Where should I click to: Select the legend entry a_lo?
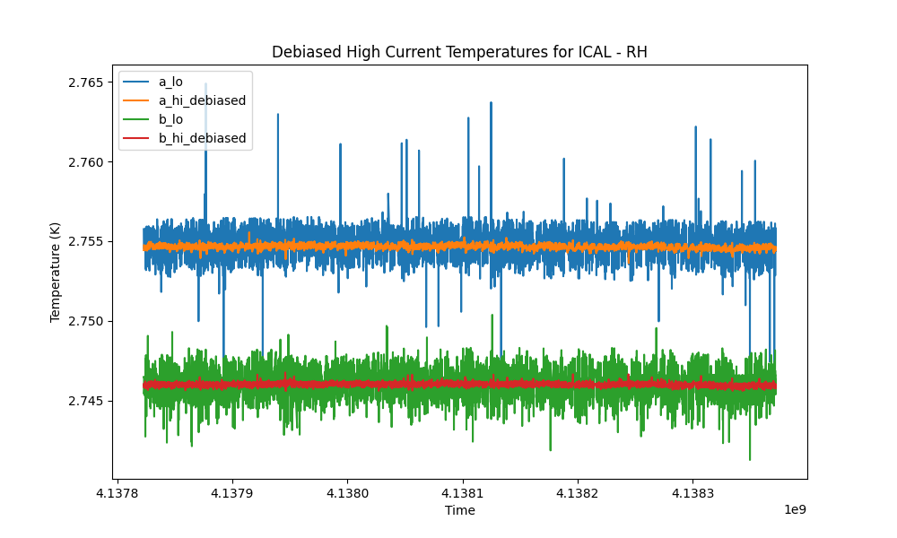point(170,82)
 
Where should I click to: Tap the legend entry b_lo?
point(170,119)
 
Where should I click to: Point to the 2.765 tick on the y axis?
point(86,82)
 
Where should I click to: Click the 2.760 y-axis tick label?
point(86,162)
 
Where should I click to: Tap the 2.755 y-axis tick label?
point(86,242)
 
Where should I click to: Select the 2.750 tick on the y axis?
point(86,321)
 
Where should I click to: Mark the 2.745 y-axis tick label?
point(86,401)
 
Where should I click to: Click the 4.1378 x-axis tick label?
point(118,493)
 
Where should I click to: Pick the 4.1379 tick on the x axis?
point(232,493)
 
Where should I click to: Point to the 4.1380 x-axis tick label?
point(347,493)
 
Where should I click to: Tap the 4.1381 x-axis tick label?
point(463,493)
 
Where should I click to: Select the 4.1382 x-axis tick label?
point(578,493)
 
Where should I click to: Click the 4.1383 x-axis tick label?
point(692,493)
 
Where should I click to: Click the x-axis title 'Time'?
point(460,510)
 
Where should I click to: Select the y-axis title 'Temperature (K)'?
point(55,273)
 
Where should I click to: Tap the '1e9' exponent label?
point(795,509)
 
